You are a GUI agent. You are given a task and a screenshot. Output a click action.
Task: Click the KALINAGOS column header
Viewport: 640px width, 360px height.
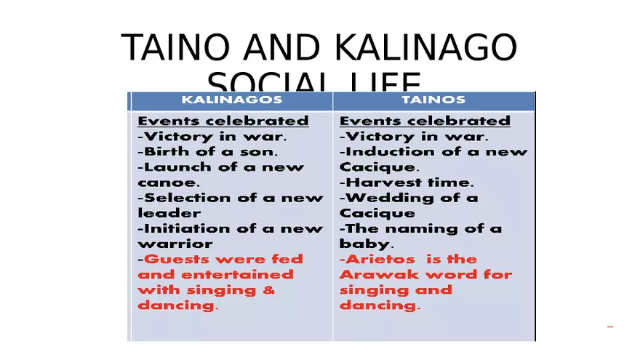(231, 100)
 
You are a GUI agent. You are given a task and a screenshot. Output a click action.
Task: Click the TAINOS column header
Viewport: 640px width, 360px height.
(433, 100)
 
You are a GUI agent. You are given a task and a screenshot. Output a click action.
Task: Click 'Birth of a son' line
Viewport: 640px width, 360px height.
(208, 152)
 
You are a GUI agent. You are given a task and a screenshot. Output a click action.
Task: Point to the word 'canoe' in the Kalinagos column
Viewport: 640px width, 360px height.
(164, 183)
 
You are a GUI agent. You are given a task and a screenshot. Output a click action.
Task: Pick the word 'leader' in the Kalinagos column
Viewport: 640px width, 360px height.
(169, 213)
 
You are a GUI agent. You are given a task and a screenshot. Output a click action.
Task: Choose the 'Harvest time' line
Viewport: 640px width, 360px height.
(407, 183)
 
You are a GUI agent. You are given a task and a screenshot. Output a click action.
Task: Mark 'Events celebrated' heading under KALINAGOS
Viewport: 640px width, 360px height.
(223, 121)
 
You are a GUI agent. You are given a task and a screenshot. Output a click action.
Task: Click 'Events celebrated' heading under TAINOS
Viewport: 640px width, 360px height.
(425, 121)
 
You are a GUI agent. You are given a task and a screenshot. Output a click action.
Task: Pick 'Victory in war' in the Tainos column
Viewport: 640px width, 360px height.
(414, 137)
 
